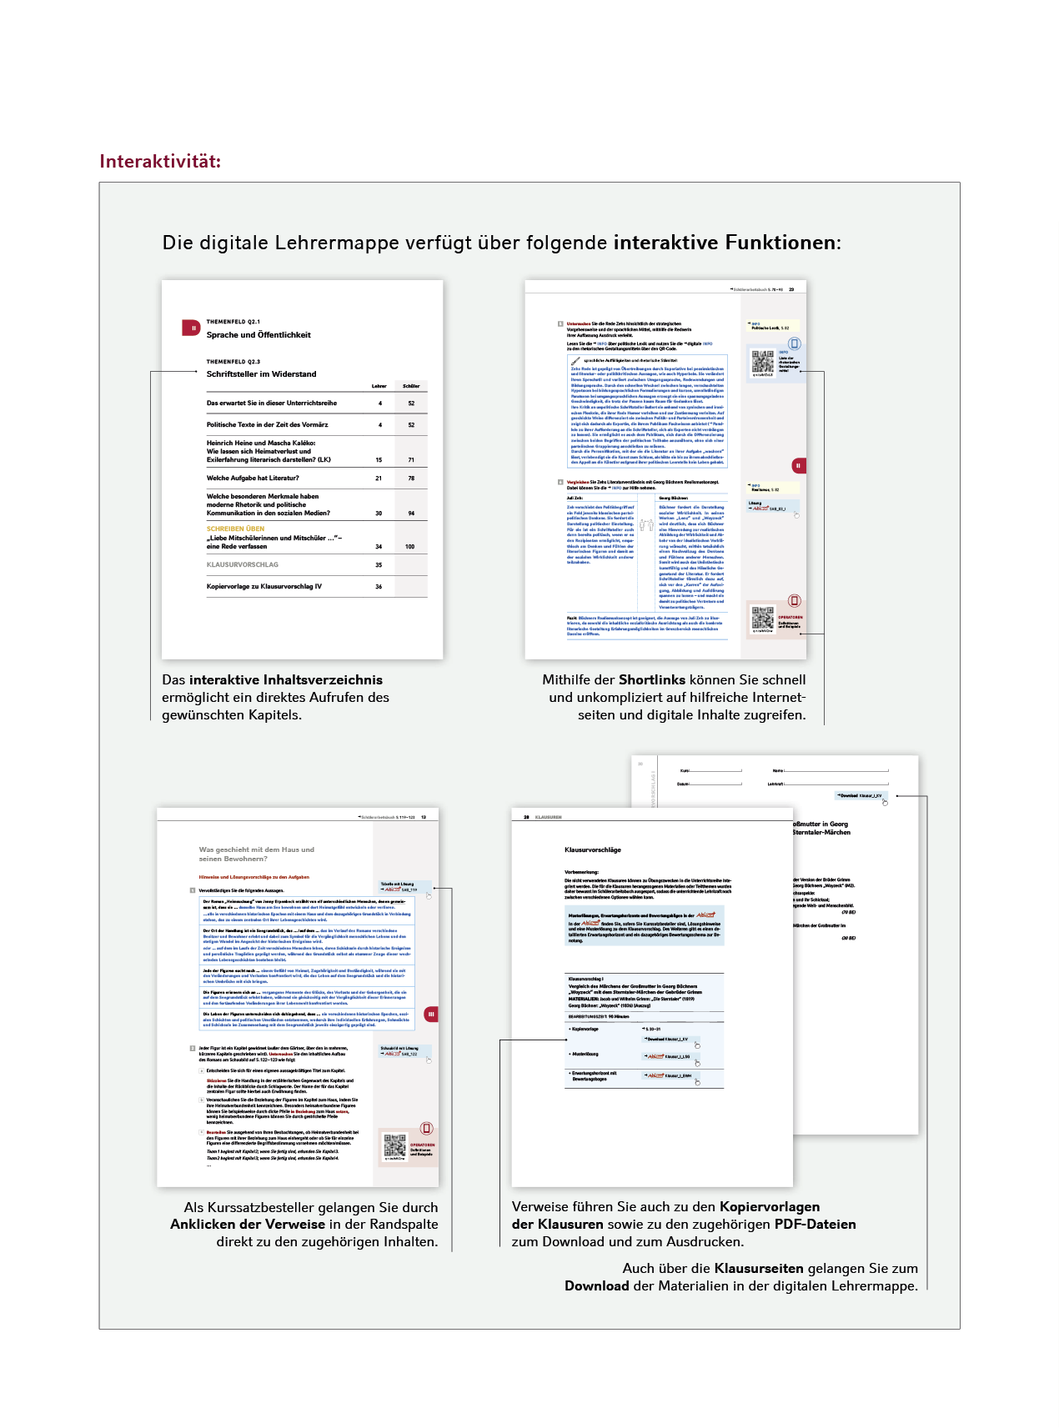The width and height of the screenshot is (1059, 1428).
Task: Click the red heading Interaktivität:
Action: point(160,162)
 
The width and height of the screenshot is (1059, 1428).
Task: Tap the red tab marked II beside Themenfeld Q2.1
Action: point(191,328)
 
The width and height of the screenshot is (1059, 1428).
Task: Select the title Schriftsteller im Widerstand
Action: point(261,374)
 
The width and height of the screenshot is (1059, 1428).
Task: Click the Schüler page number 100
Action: point(410,547)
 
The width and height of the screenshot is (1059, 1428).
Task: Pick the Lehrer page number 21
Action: point(379,479)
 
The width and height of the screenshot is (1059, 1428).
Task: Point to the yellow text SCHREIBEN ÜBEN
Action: point(235,529)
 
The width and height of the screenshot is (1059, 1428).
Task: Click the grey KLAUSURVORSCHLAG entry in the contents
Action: point(243,564)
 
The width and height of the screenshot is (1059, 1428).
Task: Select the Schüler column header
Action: point(411,386)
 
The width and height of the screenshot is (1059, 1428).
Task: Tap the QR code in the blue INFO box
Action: point(762,361)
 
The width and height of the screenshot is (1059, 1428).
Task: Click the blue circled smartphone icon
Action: point(795,343)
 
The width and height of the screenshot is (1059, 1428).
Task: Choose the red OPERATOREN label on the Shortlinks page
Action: point(790,618)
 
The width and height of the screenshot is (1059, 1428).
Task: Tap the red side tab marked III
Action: point(431,1015)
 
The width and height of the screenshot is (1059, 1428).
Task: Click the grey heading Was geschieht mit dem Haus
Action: point(256,854)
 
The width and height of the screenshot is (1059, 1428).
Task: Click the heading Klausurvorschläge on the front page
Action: point(593,849)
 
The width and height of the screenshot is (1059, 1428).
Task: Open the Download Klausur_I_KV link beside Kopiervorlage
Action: point(668,1040)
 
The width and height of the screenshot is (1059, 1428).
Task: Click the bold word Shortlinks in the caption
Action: point(652,680)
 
